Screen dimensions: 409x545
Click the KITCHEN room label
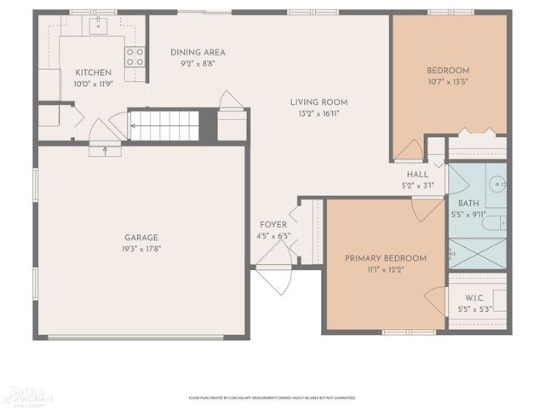pyautogui.click(x=93, y=72)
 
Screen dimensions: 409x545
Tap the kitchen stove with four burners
pyautogui.click(x=135, y=56)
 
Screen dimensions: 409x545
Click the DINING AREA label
pyautogui.click(x=197, y=52)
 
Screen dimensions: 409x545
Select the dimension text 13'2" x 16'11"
pyautogui.click(x=319, y=112)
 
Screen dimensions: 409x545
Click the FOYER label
pyautogui.click(x=273, y=225)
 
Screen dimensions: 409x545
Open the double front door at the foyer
pyautogui.click(x=274, y=264)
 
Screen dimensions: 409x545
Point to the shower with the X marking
pyautogui.click(x=477, y=252)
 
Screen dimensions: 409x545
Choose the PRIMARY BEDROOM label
pyautogui.click(x=385, y=257)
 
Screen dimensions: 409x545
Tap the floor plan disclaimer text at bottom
pyautogui.click(x=272, y=397)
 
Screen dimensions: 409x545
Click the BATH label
pyautogui.click(x=468, y=204)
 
